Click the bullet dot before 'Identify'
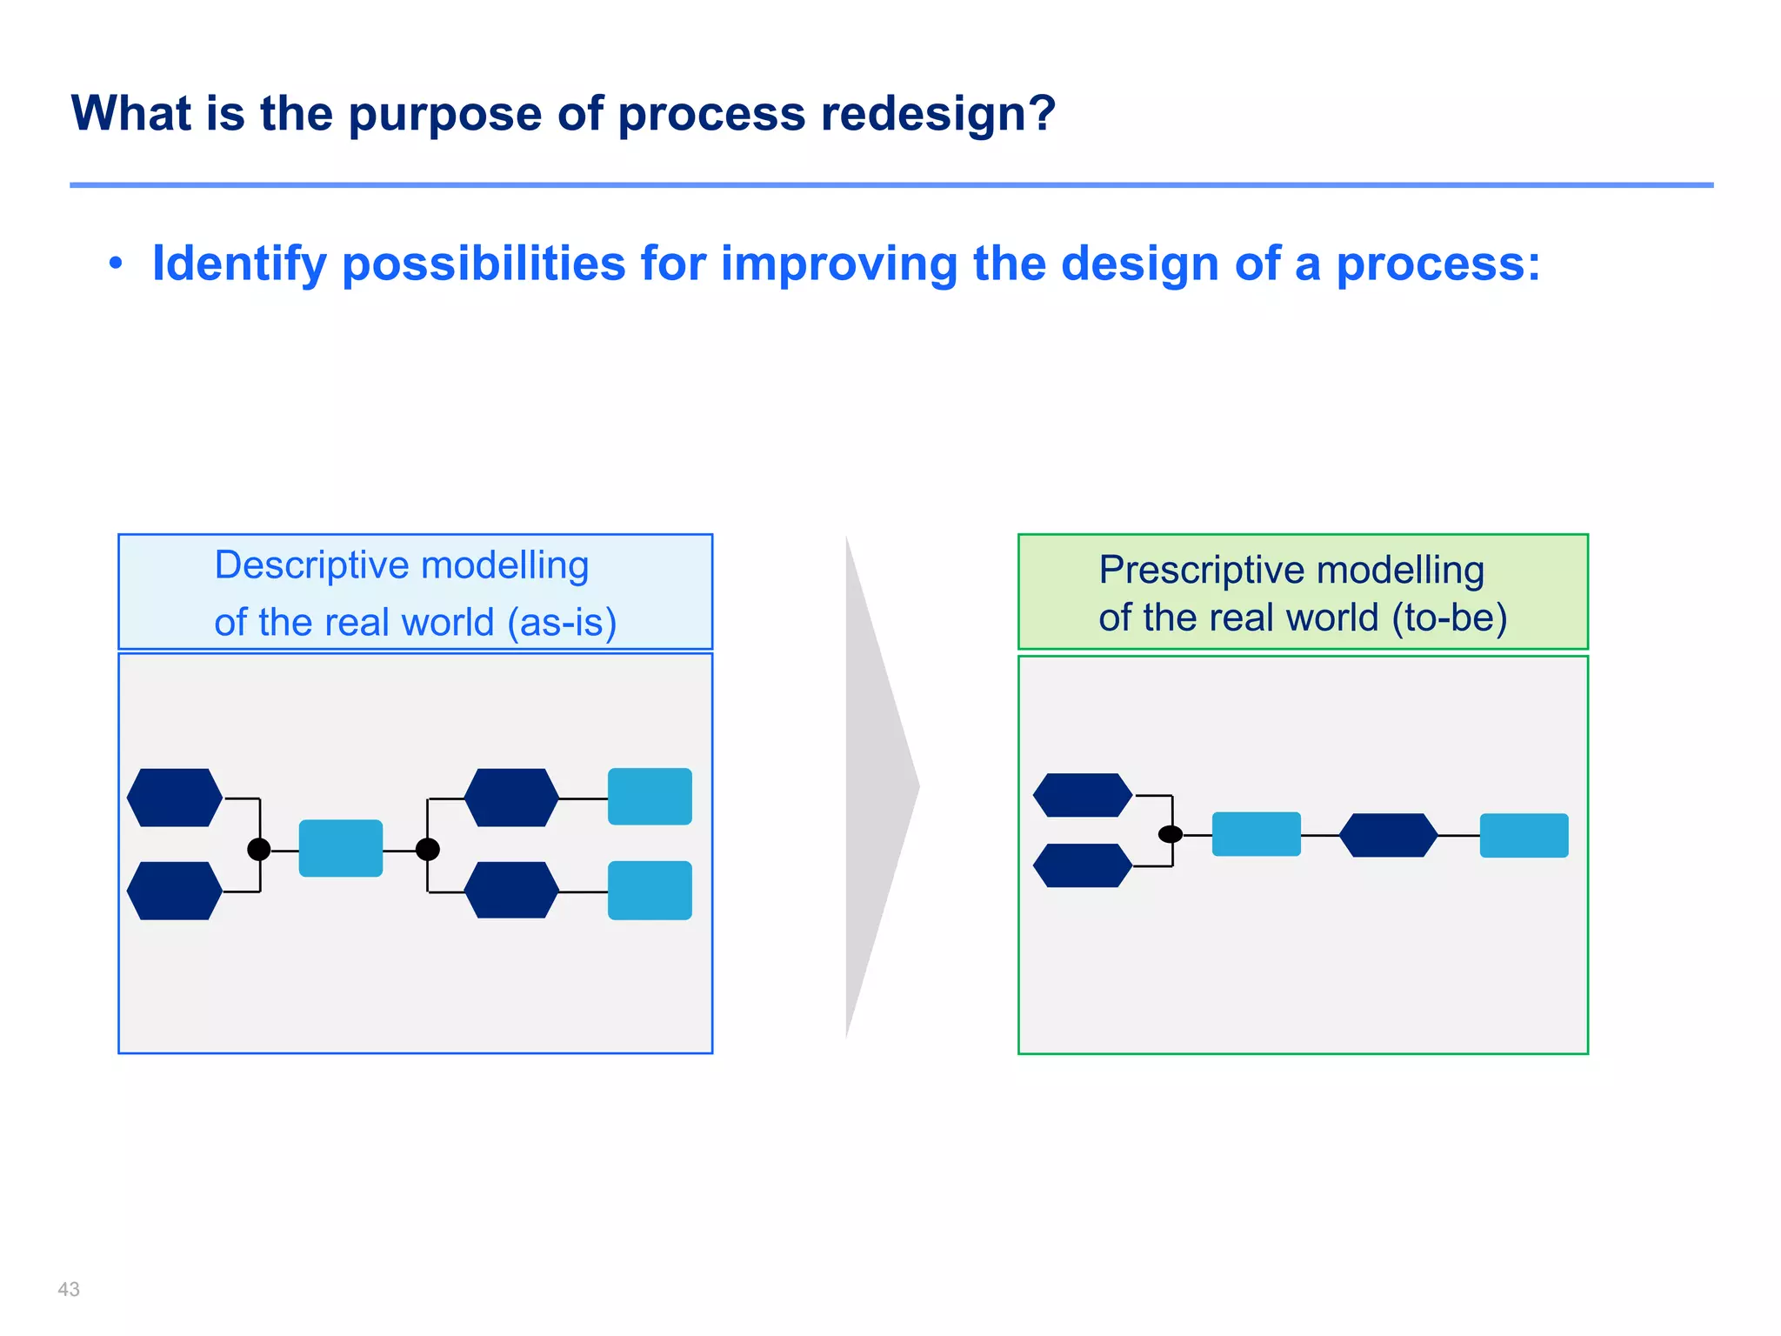tap(116, 264)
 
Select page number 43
tap(69, 1289)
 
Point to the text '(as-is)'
tap(562, 623)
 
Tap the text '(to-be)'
tap(1449, 618)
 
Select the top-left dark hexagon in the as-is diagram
tap(175, 798)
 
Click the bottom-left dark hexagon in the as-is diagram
tap(175, 891)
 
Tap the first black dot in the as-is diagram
tap(259, 849)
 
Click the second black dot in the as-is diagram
tap(427, 849)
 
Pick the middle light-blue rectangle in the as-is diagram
tap(341, 848)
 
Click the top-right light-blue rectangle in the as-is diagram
tap(650, 797)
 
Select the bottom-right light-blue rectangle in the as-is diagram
tap(650, 891)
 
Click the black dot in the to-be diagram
tap(1171, 834)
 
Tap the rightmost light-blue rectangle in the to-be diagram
tap(1524, 836)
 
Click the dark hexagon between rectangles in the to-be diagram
tap(1388, 835)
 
